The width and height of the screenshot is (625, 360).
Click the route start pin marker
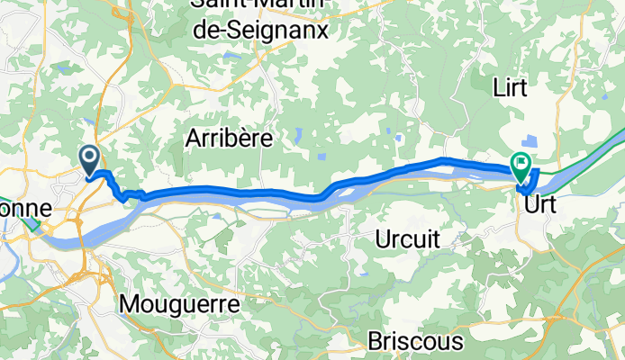(x=91, y=160)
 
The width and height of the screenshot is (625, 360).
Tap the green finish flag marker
(x=521, y=165)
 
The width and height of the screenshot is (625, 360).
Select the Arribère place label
(x=230, y=138)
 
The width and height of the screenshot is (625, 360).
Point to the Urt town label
(x=540, y=204)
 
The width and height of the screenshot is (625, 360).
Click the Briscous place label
(x=415, y=342)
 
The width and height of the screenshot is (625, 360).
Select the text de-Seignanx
(x=259, y=30)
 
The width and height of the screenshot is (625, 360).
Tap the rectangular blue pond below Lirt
(x=530, y=141)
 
